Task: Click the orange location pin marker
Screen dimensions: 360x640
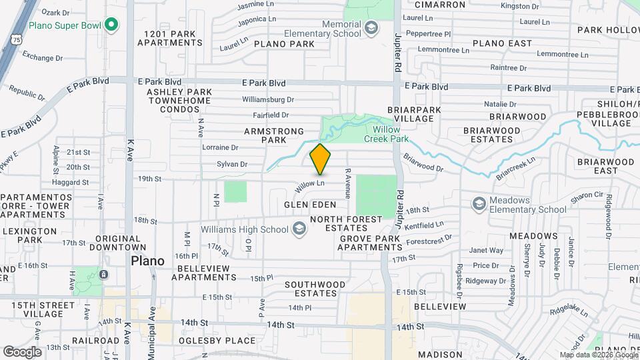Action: [320, 159]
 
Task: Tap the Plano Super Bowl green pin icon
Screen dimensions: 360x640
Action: [112, 25]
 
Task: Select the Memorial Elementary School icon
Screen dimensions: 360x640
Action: [371, 28]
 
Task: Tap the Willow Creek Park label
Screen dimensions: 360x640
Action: [390, 134]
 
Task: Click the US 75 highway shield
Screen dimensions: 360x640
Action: [16, 40]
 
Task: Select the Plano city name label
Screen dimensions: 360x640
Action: [147, 261]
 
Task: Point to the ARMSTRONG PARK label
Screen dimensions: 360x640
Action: [274, 136]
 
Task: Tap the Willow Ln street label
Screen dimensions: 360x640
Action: [311, 183]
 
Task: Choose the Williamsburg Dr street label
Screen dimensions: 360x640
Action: [268, 99]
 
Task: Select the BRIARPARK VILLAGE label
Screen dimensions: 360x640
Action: [410, 114]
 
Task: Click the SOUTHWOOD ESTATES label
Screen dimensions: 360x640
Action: [315, 289]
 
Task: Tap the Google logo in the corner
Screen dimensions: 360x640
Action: [21, 351]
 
